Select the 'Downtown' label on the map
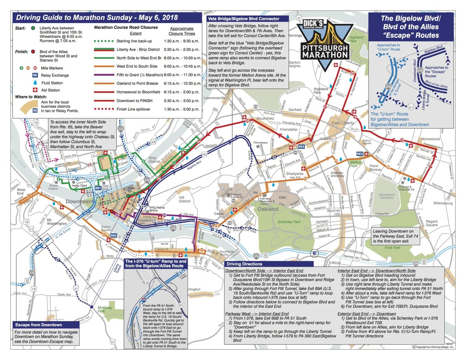79,202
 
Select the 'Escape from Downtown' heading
38,325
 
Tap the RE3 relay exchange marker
360,154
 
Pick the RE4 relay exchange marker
301,146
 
